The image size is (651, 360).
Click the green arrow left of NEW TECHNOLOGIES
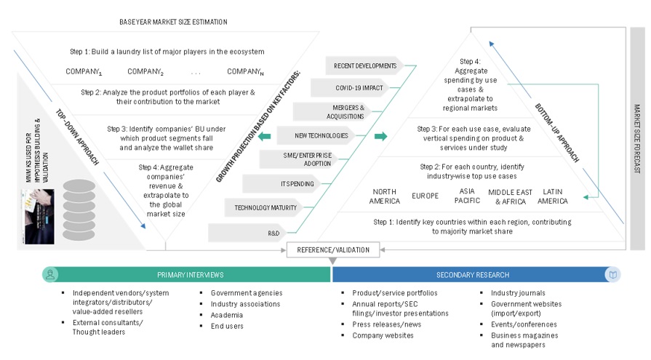tap(265, 136)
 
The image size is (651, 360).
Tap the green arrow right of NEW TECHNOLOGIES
tap(380, 136)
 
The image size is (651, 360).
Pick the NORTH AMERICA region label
tap(385, 196)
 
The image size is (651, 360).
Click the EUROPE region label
tap(425, 196)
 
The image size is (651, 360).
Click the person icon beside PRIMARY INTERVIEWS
tap(50, 275)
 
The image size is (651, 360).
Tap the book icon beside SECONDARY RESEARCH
tap(612, 275)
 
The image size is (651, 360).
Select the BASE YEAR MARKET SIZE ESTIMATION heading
tap(173, 22)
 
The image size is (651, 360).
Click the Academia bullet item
tap(226, 315)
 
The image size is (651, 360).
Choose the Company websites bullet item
tap(383, 335)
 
